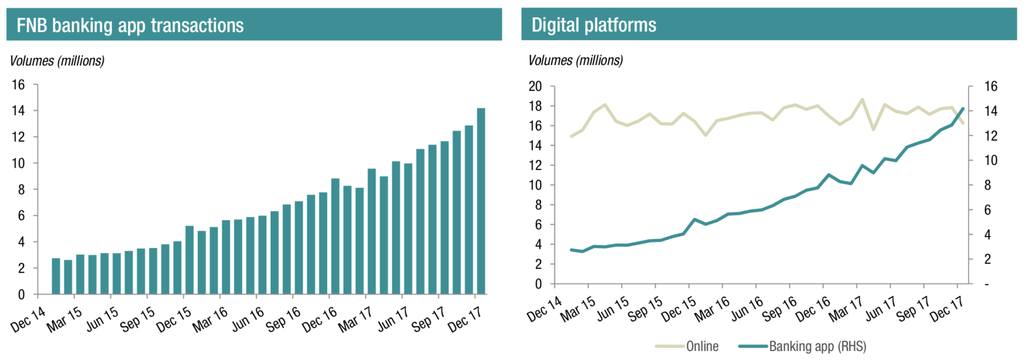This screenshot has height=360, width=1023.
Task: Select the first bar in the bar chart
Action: (x=56, y=276)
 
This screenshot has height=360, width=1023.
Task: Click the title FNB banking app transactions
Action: (x=130, y=25)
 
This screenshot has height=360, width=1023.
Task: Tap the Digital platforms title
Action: (x=594, y=25)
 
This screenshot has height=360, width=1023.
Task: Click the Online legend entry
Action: (x=702, y=346)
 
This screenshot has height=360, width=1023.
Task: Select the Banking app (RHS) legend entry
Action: (x=817, y=346)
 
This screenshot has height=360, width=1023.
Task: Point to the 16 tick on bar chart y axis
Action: (x=18, y=85)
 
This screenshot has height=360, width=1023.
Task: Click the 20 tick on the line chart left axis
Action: (x=535, y=86)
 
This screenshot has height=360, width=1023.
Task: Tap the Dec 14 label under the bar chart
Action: (x=28, y=319)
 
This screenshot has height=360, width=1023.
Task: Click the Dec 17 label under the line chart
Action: (x=946, y=310)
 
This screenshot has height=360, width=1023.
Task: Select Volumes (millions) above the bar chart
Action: (x=57, y=61)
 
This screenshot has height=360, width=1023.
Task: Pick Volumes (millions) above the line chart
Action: (x=575, y=60)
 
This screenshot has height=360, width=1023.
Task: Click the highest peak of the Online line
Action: (x=862, y=99)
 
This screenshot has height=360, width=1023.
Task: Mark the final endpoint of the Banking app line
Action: (x=963, y=109)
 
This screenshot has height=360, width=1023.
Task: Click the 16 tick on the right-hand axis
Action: (x=991, y=86)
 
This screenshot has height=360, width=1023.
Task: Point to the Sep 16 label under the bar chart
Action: (x=283, y=320)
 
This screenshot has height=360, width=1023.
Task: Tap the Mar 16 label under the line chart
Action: (x=712, y=310)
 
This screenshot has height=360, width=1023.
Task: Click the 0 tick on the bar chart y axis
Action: (x=21, y=295)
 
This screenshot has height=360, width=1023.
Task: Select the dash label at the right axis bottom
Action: (x=987, y=284)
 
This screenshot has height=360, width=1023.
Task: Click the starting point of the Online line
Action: (x=571, y=136)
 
